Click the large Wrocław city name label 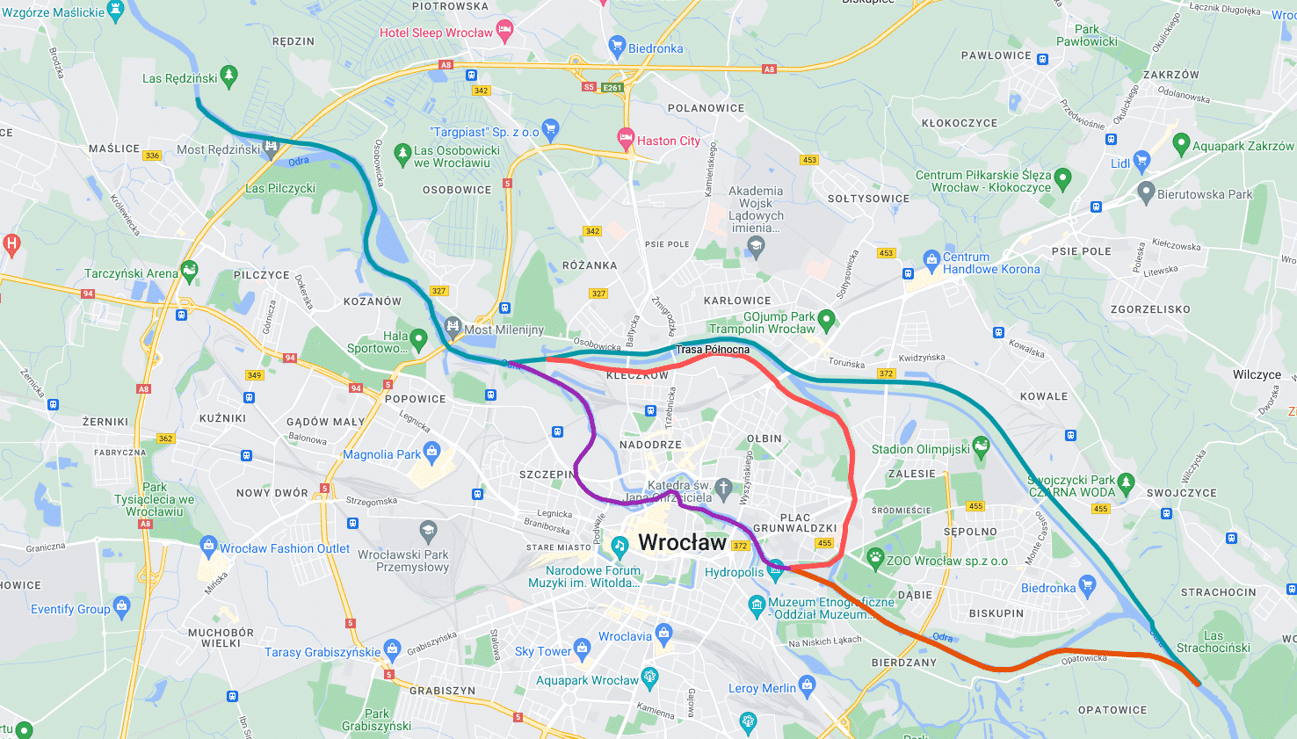point(682,542)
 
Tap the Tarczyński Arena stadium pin point(188,271)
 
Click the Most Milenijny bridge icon point(453,328)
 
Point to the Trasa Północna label point(713,350)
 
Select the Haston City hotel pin point(626,139)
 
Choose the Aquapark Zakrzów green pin point(1181,144)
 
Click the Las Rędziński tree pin point(228,76)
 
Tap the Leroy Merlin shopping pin point(808,686)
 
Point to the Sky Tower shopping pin point(582,649)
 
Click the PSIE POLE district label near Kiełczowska point(1081,251)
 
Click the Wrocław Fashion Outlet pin point(208,547)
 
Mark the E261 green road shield point(612,87)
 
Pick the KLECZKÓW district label point(637,375)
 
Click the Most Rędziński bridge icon point(272,146)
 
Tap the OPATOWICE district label point(1112,710)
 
